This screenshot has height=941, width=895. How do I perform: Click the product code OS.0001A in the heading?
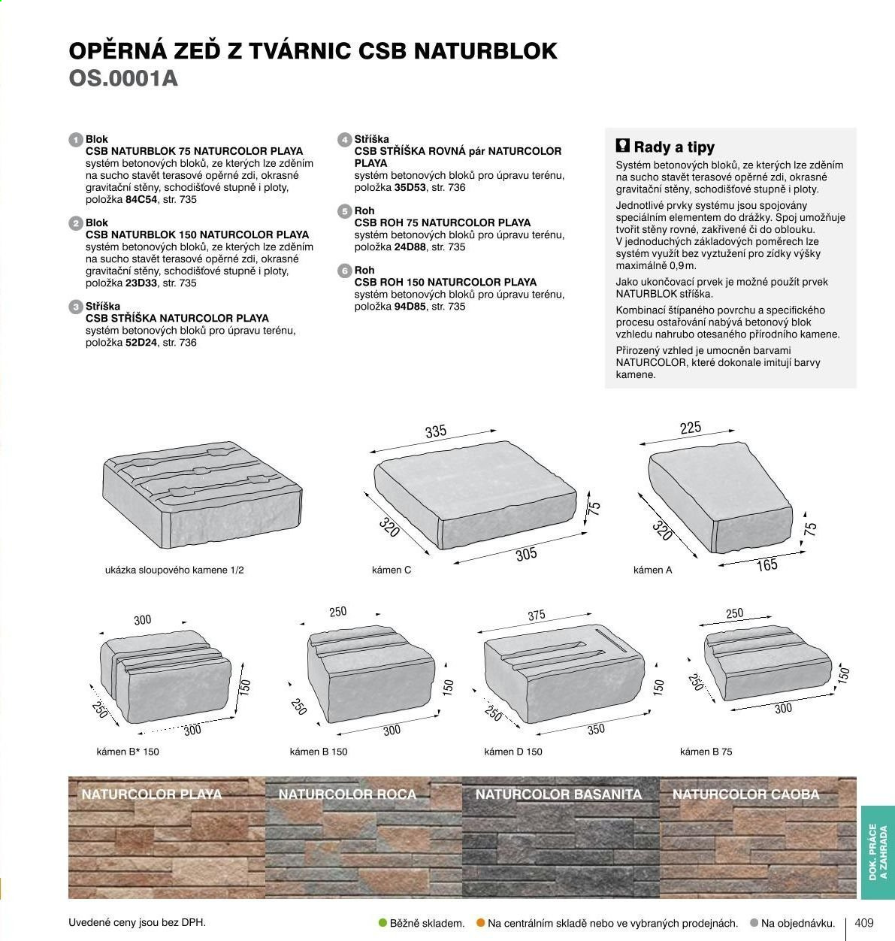(x=123, y=78)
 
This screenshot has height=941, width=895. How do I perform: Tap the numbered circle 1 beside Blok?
(x=76, y=140)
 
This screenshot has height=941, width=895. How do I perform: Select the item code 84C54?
(x=141, y=200)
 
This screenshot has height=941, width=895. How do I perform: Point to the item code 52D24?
(x=141, y=343)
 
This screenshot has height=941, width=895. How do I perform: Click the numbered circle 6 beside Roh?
(x=345, y=271)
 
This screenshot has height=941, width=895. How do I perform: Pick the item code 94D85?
(x=410, y=307)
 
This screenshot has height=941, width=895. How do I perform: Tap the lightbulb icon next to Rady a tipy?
(x=622, y=146)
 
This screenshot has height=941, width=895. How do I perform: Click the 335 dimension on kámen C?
(x=436, y=431)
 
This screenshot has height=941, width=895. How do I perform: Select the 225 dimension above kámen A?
(x=690, y=428)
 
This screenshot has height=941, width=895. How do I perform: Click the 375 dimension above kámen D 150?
(x=537, y=615)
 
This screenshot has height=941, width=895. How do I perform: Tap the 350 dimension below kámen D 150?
(x=596, y=730)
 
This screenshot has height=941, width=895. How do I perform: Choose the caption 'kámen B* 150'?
(x=128, y=752)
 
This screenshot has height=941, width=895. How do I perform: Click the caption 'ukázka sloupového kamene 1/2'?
(x=174, y=570)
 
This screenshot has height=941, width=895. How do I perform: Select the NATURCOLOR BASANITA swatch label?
(x=558, y=794)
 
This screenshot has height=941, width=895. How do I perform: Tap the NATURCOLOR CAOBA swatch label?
(x=745, y=794)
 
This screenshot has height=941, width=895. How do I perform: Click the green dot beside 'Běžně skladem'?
(x=382, y=923)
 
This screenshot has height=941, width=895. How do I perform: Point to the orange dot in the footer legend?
(x=480, y=923)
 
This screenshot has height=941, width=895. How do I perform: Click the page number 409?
(x=864, y=923)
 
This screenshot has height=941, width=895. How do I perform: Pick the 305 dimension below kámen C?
(x=526, y=555)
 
